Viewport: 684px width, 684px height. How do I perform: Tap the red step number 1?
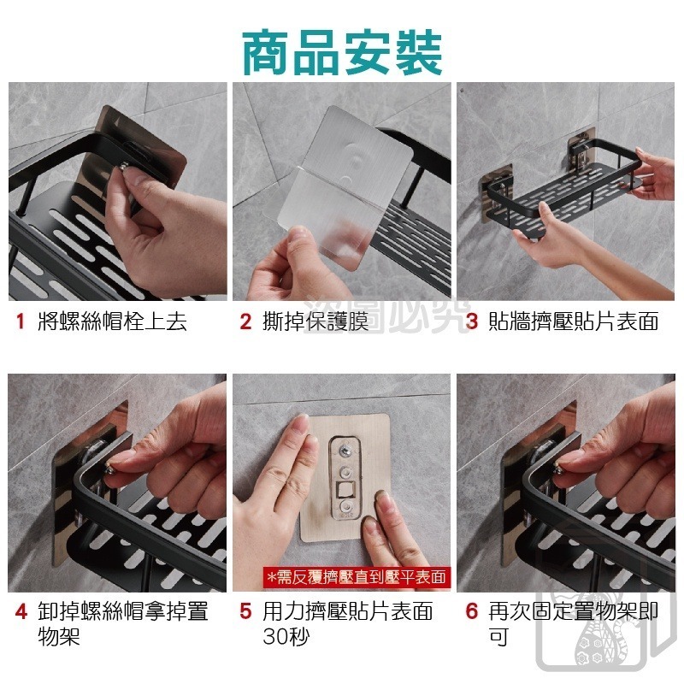pos(20,322)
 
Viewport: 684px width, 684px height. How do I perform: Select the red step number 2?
pos(245,322)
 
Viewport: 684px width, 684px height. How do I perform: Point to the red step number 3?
pos(472,322)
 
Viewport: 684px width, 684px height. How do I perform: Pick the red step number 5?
pos(245,612)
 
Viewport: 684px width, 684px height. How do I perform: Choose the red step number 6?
pos(472,612)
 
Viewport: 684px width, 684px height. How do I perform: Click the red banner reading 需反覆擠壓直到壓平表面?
pos(357,577)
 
